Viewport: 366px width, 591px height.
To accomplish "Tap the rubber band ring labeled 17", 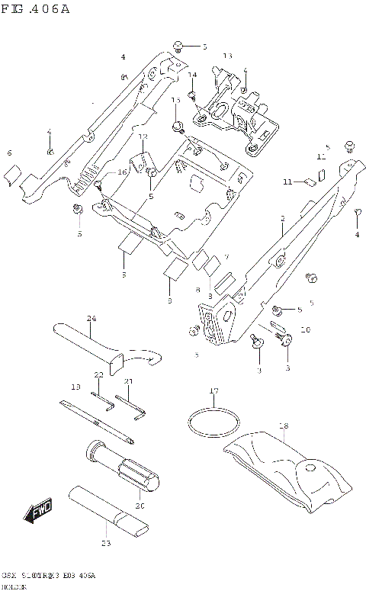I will click(x=213, y=420).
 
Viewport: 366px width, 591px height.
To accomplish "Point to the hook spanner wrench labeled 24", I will click(x=107, y=347).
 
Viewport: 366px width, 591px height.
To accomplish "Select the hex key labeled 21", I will click(x=130, y=405).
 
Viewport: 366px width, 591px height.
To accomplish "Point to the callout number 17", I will click(x=214, y=391).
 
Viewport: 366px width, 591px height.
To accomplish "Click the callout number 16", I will click(x=122, y=173).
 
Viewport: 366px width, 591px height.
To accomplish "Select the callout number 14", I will click(x=193, y=74).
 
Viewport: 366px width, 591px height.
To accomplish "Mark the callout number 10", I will click(x=305, y=330).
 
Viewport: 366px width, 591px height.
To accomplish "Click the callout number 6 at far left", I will click(x=9, y=153).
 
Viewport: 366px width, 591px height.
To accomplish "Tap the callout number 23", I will click(x=105, y=543).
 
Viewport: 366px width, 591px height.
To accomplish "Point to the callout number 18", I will click(x=283, y=426).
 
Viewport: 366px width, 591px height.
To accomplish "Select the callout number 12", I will click(x=143, y=137).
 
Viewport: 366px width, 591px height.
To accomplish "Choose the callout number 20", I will click(x=139, y=504).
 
